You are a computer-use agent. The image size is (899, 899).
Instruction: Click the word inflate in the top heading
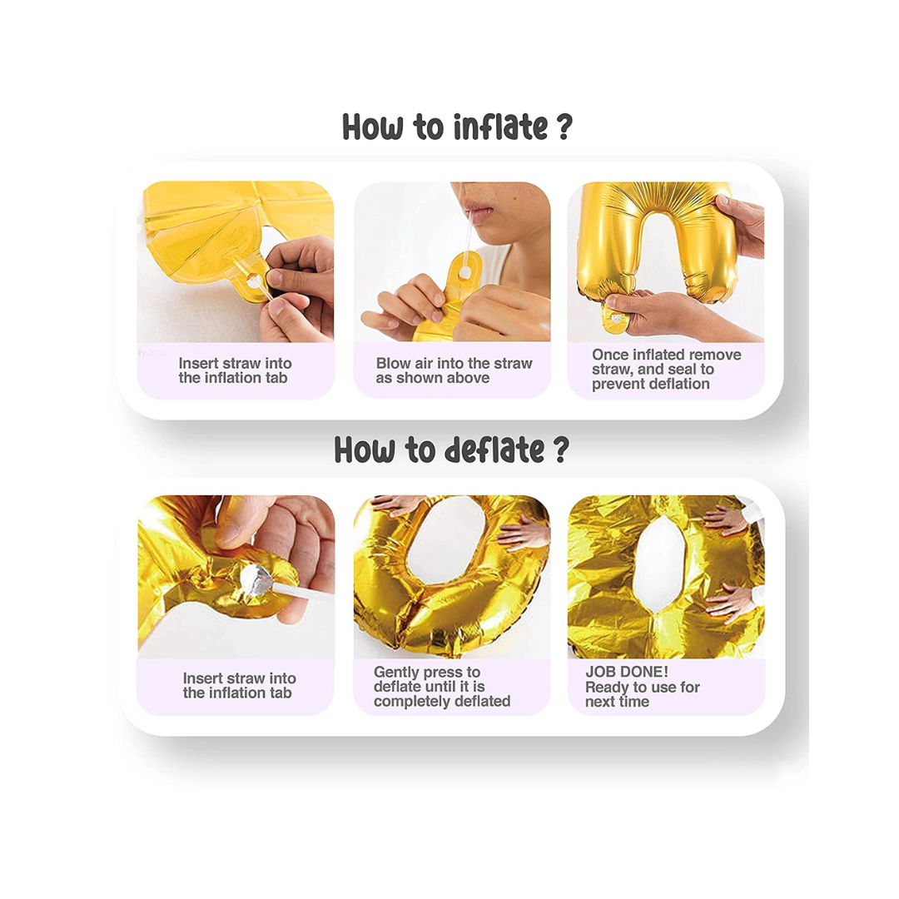click(x=500, y=127)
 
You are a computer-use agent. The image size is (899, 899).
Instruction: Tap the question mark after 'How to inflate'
click(x=564, y=127)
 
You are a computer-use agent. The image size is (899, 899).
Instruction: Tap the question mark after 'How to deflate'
click(x=561, y=449)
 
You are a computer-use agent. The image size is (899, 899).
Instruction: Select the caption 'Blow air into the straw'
click(x=454, y=364)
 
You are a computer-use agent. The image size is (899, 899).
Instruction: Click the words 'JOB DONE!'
click(x=627, y=672)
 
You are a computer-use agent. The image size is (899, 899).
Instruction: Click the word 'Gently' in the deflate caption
click(x=396, y=673)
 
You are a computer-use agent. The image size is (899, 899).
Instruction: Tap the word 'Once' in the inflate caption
click(x=611, y=355)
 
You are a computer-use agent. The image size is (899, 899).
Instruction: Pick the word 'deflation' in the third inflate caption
click(x=679, y=384)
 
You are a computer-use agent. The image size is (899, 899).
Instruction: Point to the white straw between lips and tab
click(x=469, y=241)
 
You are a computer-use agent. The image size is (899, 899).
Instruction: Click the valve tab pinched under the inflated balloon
click(x=614, y=318)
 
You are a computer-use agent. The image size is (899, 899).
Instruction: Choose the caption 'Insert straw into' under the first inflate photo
click(x=235, y=364)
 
